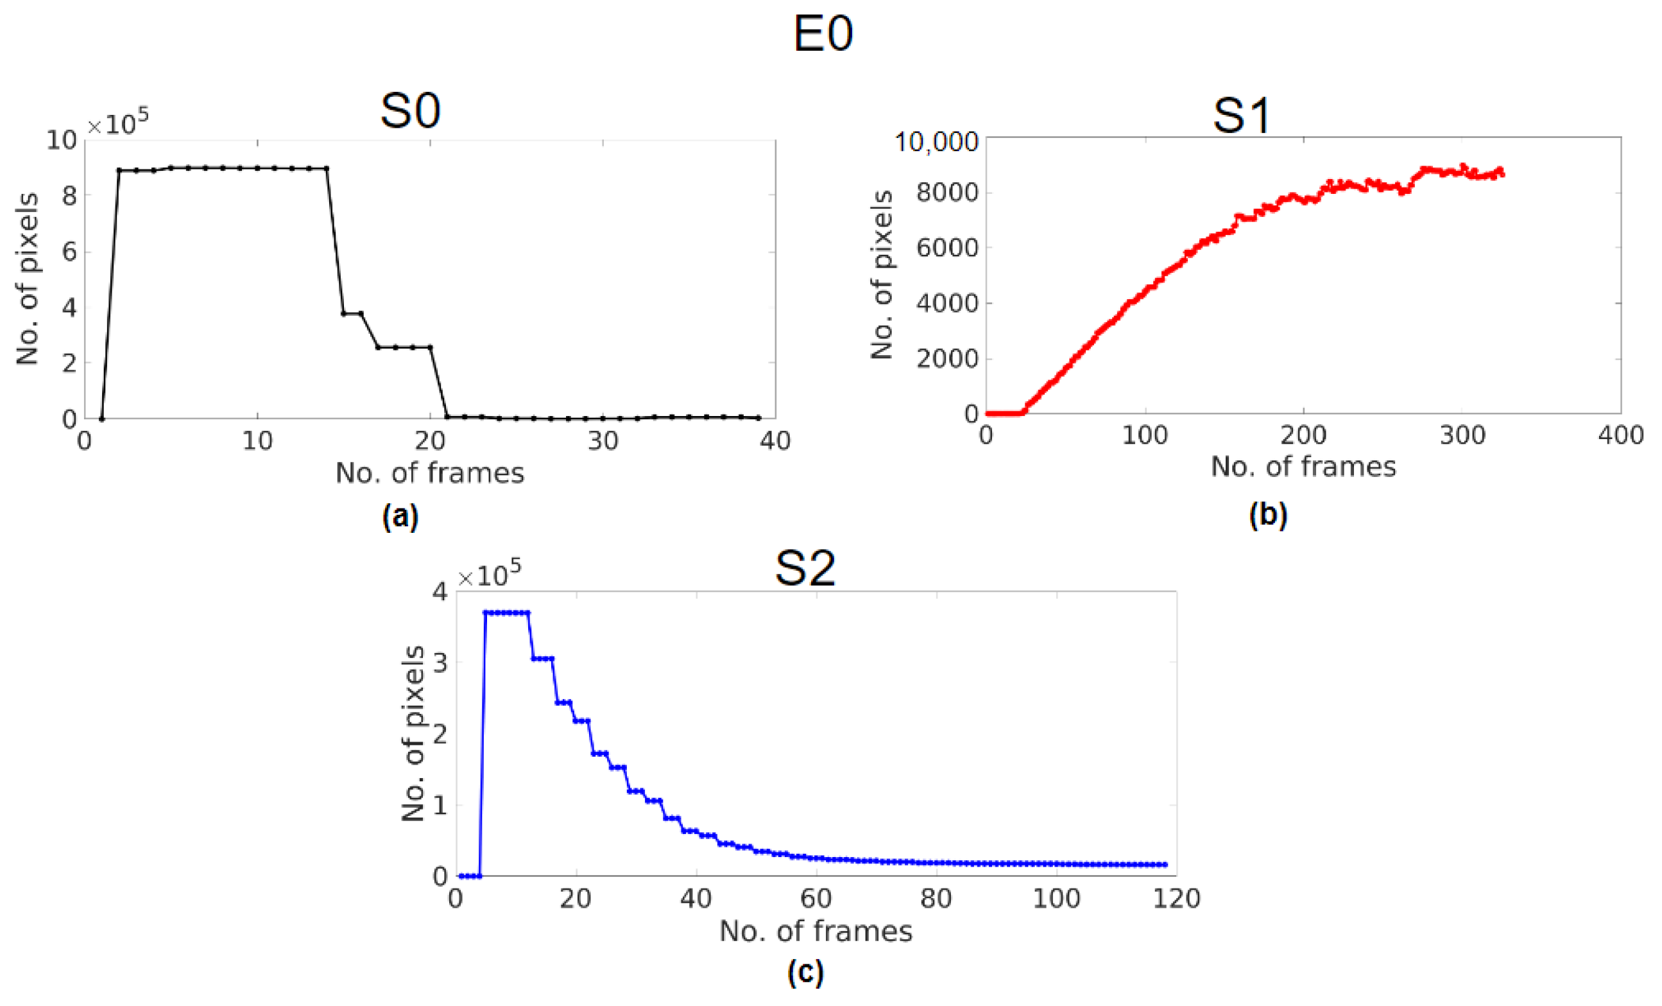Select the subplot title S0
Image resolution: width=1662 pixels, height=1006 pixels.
click(x=410, y=111)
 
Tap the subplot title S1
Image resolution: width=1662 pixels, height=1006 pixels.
click(x=1242, y=116)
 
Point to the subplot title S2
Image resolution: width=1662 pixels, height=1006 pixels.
click(x=805, y=568)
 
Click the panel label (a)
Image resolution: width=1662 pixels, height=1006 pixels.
click(x=400, y=517)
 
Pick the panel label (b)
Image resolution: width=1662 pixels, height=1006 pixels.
click(x=1268, y=515)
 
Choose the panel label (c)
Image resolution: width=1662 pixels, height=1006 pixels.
click(x=805, y=972)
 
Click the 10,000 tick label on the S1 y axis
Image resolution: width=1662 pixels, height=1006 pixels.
click(x=936, y=143)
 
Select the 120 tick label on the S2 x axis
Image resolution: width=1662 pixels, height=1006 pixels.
click(x=1176, y=899)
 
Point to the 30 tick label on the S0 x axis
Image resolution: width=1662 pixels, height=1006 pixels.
click(x=603, y=441)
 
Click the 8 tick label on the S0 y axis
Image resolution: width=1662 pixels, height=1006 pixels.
click(x=69, y=196)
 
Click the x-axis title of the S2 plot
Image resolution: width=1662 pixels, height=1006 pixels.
click(x=816, y=931)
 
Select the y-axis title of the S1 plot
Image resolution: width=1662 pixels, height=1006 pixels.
click(x=882, y=275)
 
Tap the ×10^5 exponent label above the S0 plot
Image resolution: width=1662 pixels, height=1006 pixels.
click(x=118, y=123)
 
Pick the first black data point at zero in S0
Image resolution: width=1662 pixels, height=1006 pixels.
click(x=102, y=419)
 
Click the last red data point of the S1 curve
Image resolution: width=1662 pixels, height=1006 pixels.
click(x=1502, y=175)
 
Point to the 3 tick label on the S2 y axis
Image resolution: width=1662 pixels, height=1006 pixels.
click(x=440, y=662)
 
